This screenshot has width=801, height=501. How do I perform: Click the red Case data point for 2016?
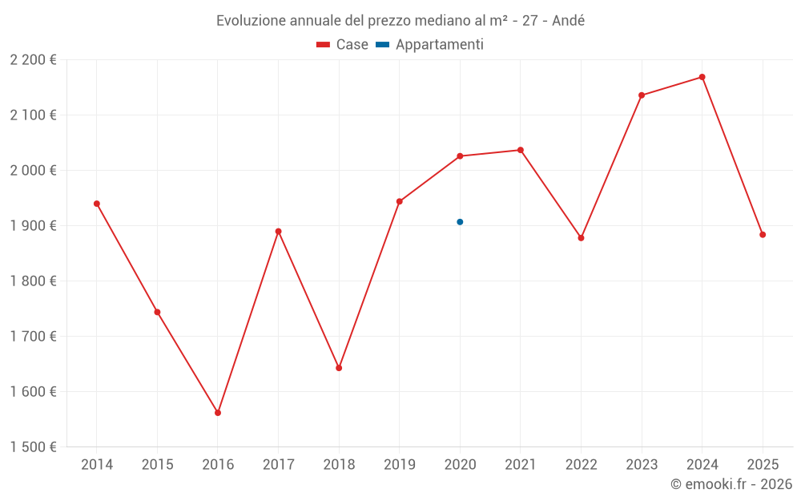(x=218, y=413)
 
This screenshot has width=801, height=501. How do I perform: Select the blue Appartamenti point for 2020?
(x=460, y=222)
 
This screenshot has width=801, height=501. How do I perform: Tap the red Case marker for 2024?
(x=702, y=77)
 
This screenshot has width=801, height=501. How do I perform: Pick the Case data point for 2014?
(x=97, y=204)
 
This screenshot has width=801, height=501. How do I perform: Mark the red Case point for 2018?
(x=339, y=368)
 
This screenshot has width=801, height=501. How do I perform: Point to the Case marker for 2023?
(x=642, y=95)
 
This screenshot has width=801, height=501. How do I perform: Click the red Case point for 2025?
(x=763, y=235)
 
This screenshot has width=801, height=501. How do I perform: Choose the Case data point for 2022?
(x=582, y=238)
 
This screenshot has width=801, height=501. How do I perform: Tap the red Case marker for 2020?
(x=460, y=156)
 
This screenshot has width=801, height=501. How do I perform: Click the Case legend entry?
(x=343, y=45)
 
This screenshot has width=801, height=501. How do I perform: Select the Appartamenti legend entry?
(x=430, y=45)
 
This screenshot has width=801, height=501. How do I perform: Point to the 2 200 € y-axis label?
(x=34, y=60)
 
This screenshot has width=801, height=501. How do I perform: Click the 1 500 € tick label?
(x=34, y=447)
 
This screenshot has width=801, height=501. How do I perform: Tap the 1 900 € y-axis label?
(x=34, y=226)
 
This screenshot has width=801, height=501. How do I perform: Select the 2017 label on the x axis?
(x=278, y=465)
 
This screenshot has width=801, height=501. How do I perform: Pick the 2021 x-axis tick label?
(x=521, y=465)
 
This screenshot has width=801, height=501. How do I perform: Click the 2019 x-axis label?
(x=400, y=465)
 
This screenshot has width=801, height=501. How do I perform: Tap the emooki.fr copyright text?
(x=731, y=484)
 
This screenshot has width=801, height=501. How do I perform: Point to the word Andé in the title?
(x=569, y=21)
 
